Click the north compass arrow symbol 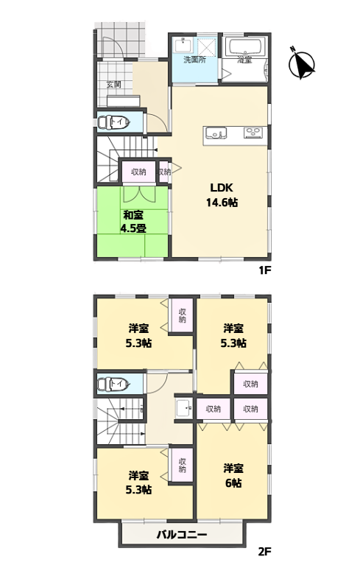pyautogui.click(x=302, y=64)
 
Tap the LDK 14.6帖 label pyautogui.click(x=222, y=194)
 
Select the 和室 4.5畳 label pyautogui.click(x=133, y=222)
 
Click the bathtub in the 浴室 pyautogui.click(x=245, y=46)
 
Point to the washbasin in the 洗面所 pyautogui.click(x=183, y=46)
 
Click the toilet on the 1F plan pyautogui.click(x=113, y=122)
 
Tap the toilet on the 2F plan pyautogui.click(x=113, y=384)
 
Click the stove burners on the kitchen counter pyautogui.click(x=253, y=131)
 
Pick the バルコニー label pyautogui.click(x=182, y=534)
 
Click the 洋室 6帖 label pyautogui.click(x=233, y=476)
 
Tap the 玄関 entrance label pyautogui.click(x=114, y=84)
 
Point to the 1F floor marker pyautogui.click(x=265, y=270)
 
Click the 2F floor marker pyautogui.click(x=264, y=552)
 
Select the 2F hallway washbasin pyautogui.click(x=183, y=408)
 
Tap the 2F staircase pyautogui.click(x=121, y=421)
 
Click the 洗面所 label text pyautogui.click(x=195, y=60)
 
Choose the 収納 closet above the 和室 pyautogui.click(x=138, y=172)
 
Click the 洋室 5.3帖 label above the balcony pyautogui.click(x=138, y=482)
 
